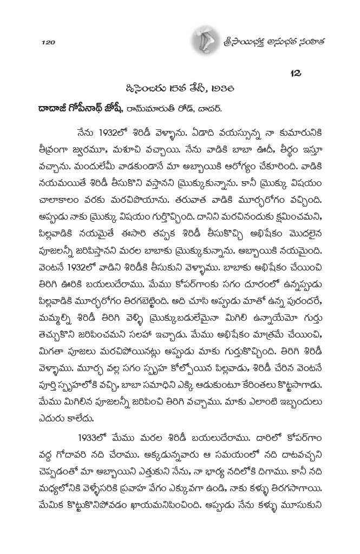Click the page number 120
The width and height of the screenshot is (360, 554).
coord(49,42)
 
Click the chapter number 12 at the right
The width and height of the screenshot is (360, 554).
coord(298,72)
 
